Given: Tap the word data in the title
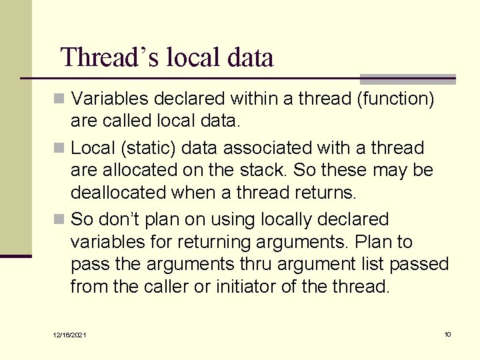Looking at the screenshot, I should coord(250,57).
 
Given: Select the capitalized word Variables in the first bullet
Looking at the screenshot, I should coord(110,99).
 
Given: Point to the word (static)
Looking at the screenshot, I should coord(143,148).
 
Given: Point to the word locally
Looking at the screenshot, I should coord(279,219).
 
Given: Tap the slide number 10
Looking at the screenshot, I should coord(447,334).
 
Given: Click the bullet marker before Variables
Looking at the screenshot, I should coord(60,99).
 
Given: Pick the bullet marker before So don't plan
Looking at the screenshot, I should coord(60,219).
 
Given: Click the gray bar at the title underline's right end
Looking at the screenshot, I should coord(407,79).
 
